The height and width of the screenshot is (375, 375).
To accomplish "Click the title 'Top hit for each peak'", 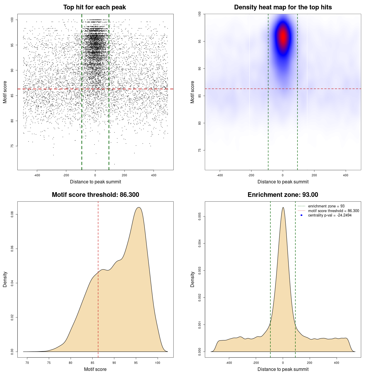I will pos(94,7).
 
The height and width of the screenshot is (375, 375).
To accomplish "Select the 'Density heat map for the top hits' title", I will pos(283,7).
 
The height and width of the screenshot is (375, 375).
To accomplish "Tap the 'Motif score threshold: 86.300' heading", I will pos(95,195).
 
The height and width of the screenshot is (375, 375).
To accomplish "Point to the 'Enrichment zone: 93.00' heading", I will pos(283,195).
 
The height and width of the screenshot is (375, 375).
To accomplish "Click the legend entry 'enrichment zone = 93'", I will pos(326,206).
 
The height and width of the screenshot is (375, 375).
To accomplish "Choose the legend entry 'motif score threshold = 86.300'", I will pos(333,211).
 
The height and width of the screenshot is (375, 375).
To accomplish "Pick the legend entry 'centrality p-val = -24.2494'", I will pos(330,215).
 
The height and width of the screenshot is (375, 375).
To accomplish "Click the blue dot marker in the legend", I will pos(301,215).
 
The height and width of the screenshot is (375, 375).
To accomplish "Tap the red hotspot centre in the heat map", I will pos(283,37).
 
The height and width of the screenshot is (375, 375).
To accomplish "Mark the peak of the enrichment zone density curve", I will pos(283,207).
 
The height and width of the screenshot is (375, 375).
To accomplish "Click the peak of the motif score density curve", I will pos(139,207).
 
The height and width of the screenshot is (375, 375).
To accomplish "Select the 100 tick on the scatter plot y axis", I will pos(12,20).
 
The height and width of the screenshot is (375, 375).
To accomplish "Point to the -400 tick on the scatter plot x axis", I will pos(37,175).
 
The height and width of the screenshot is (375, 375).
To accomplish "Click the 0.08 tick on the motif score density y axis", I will pos(12,214).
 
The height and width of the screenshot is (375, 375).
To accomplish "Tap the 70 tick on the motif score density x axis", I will pos(27,363).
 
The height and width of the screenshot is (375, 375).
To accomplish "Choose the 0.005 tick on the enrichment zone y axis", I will pos(200,217).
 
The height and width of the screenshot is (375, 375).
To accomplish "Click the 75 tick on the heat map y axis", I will pos(200,150).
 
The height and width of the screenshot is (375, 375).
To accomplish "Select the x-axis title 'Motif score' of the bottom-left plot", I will pos(95,369).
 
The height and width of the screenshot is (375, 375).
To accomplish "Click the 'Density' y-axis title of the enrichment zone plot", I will pos(192,279).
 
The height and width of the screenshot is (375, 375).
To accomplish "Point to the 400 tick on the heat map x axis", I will pos(346,175).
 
